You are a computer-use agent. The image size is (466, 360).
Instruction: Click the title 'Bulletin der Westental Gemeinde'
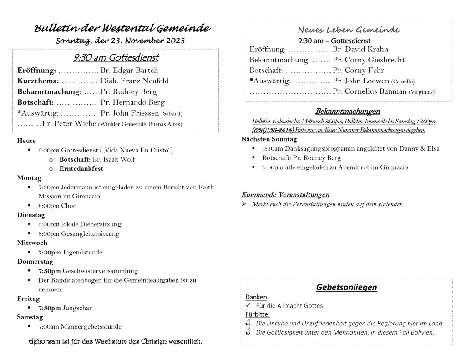point(122,29)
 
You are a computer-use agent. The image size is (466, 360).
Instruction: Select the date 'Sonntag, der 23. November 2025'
point(120,41)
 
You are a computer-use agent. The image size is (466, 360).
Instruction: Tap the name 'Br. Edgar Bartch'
point(129,71)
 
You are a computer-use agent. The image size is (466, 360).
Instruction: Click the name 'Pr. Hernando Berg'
point(132,102)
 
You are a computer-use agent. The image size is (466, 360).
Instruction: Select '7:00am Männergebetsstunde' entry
point(80,326)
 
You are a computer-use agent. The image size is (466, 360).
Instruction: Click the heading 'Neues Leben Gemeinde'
point(349,30)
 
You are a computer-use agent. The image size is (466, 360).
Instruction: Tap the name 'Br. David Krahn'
point(360,49)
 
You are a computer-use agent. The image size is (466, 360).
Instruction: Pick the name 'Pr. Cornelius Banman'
point(370,91)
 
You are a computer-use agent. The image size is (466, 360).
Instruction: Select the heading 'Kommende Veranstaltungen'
point(285,195)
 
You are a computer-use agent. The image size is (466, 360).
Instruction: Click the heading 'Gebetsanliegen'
point(346,287)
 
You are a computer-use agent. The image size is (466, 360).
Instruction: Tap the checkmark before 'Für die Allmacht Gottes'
point(248,306)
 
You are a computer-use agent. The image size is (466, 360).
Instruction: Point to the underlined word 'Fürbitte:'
point(258,314)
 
